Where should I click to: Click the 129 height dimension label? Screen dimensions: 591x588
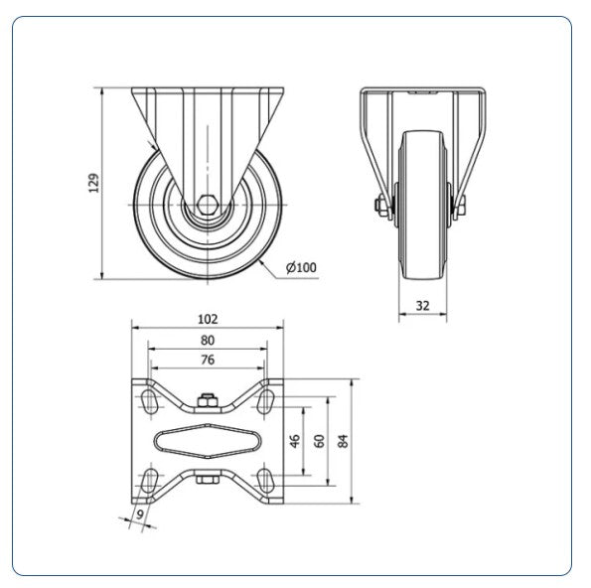(93, 183)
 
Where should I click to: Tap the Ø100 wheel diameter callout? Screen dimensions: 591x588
(301, 267)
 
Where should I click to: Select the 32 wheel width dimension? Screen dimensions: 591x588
(422, 306)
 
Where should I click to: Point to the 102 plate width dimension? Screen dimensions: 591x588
(208, 319)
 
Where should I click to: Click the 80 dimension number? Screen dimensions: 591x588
(208, 341)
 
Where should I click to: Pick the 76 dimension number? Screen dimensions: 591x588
(208, 360)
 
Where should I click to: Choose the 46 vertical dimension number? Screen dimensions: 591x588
(295, 441)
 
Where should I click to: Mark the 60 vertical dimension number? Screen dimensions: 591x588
(319, 441)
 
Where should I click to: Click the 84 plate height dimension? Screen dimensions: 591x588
(343, 441)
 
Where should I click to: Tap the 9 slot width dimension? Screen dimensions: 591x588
(140, 514)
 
